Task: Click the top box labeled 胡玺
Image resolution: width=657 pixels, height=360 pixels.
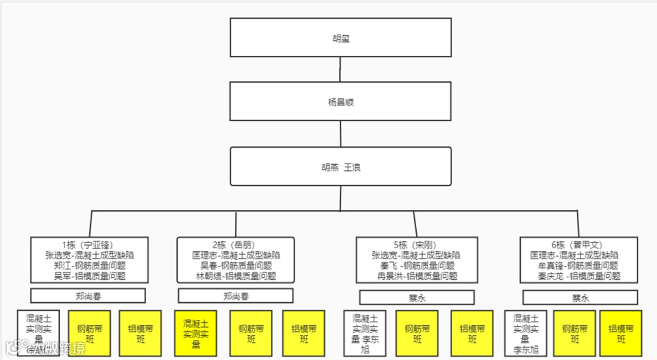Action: point(341,38)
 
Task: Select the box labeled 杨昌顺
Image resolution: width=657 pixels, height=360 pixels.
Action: point(341,102)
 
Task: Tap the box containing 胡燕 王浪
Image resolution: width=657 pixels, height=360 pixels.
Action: point(341,167)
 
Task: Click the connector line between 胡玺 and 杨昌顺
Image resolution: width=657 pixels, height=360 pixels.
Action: point(341,69)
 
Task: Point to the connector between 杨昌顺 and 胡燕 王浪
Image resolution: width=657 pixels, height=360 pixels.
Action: point(341,134)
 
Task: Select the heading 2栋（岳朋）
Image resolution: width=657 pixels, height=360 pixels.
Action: point(235,246)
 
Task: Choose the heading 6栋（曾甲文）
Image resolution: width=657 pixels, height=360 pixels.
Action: point(579,246)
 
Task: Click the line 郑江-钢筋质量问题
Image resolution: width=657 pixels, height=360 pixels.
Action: point(89,266)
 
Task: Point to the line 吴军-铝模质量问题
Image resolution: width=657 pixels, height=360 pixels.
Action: point(89,275)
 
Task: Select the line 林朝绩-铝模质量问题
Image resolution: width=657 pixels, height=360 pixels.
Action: point(235,275)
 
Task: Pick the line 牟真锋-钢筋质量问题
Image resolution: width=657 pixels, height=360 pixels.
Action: point(579,266)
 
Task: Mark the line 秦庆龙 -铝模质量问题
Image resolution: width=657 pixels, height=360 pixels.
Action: point(579,275)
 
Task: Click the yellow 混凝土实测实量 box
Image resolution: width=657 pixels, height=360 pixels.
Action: point(196,333)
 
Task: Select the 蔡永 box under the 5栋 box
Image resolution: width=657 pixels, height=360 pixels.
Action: point(416,297)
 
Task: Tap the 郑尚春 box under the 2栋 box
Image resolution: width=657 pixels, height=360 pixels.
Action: point(235,296)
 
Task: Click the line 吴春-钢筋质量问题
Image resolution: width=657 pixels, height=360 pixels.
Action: point(235,266)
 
